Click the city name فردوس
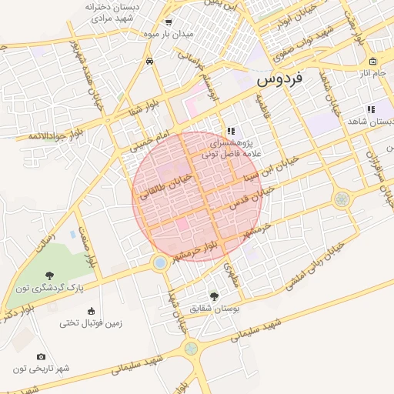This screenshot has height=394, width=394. click(279, 78)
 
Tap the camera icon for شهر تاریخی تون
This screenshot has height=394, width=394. click(41, 356)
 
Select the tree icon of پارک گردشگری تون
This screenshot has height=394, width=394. click(50, 275)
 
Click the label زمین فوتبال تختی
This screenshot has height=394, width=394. click(92, 323)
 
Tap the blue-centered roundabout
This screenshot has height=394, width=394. click(160, 263)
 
